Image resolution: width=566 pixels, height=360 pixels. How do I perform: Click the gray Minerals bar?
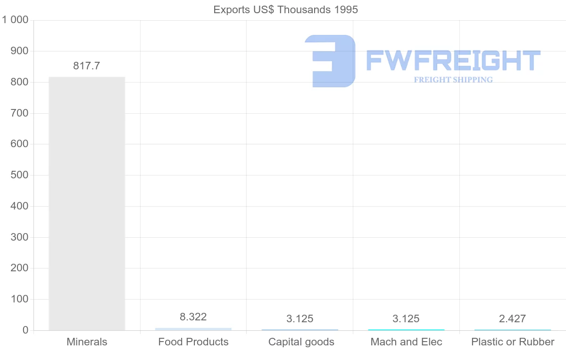[87, 203]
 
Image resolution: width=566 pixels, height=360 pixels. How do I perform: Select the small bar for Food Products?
[193, 329]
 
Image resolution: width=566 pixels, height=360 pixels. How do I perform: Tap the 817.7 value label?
[86, 66]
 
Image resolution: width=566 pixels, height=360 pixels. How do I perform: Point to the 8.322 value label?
[193, 317]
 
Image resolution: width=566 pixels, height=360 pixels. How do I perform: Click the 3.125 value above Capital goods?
[300, 319]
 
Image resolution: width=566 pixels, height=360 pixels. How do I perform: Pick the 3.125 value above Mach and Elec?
[406, 319]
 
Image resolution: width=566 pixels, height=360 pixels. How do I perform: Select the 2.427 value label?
[512, 319]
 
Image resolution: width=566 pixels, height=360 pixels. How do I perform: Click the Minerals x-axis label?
[87, 342]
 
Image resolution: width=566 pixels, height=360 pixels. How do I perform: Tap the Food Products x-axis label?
[193, 342]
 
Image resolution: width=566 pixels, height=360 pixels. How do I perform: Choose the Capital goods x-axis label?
[301, 342]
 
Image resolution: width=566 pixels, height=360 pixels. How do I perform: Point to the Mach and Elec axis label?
[407, 342]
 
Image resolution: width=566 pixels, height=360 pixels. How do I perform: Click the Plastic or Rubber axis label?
[513, 342]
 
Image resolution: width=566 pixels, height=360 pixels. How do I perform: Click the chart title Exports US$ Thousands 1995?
[286, 9]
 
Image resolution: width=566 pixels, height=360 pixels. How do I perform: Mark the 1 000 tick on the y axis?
[15, 20]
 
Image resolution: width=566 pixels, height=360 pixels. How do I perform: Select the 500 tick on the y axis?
[19, 175]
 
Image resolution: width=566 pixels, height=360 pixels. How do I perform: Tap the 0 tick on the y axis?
[25, 330]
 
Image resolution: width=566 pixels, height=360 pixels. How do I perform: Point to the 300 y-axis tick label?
[19, 237]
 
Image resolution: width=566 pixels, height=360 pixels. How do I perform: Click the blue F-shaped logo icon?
[331, 61]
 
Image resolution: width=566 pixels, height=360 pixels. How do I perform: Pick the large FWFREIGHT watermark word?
[453, 61]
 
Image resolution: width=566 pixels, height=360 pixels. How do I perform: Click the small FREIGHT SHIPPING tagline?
[453, 80]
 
